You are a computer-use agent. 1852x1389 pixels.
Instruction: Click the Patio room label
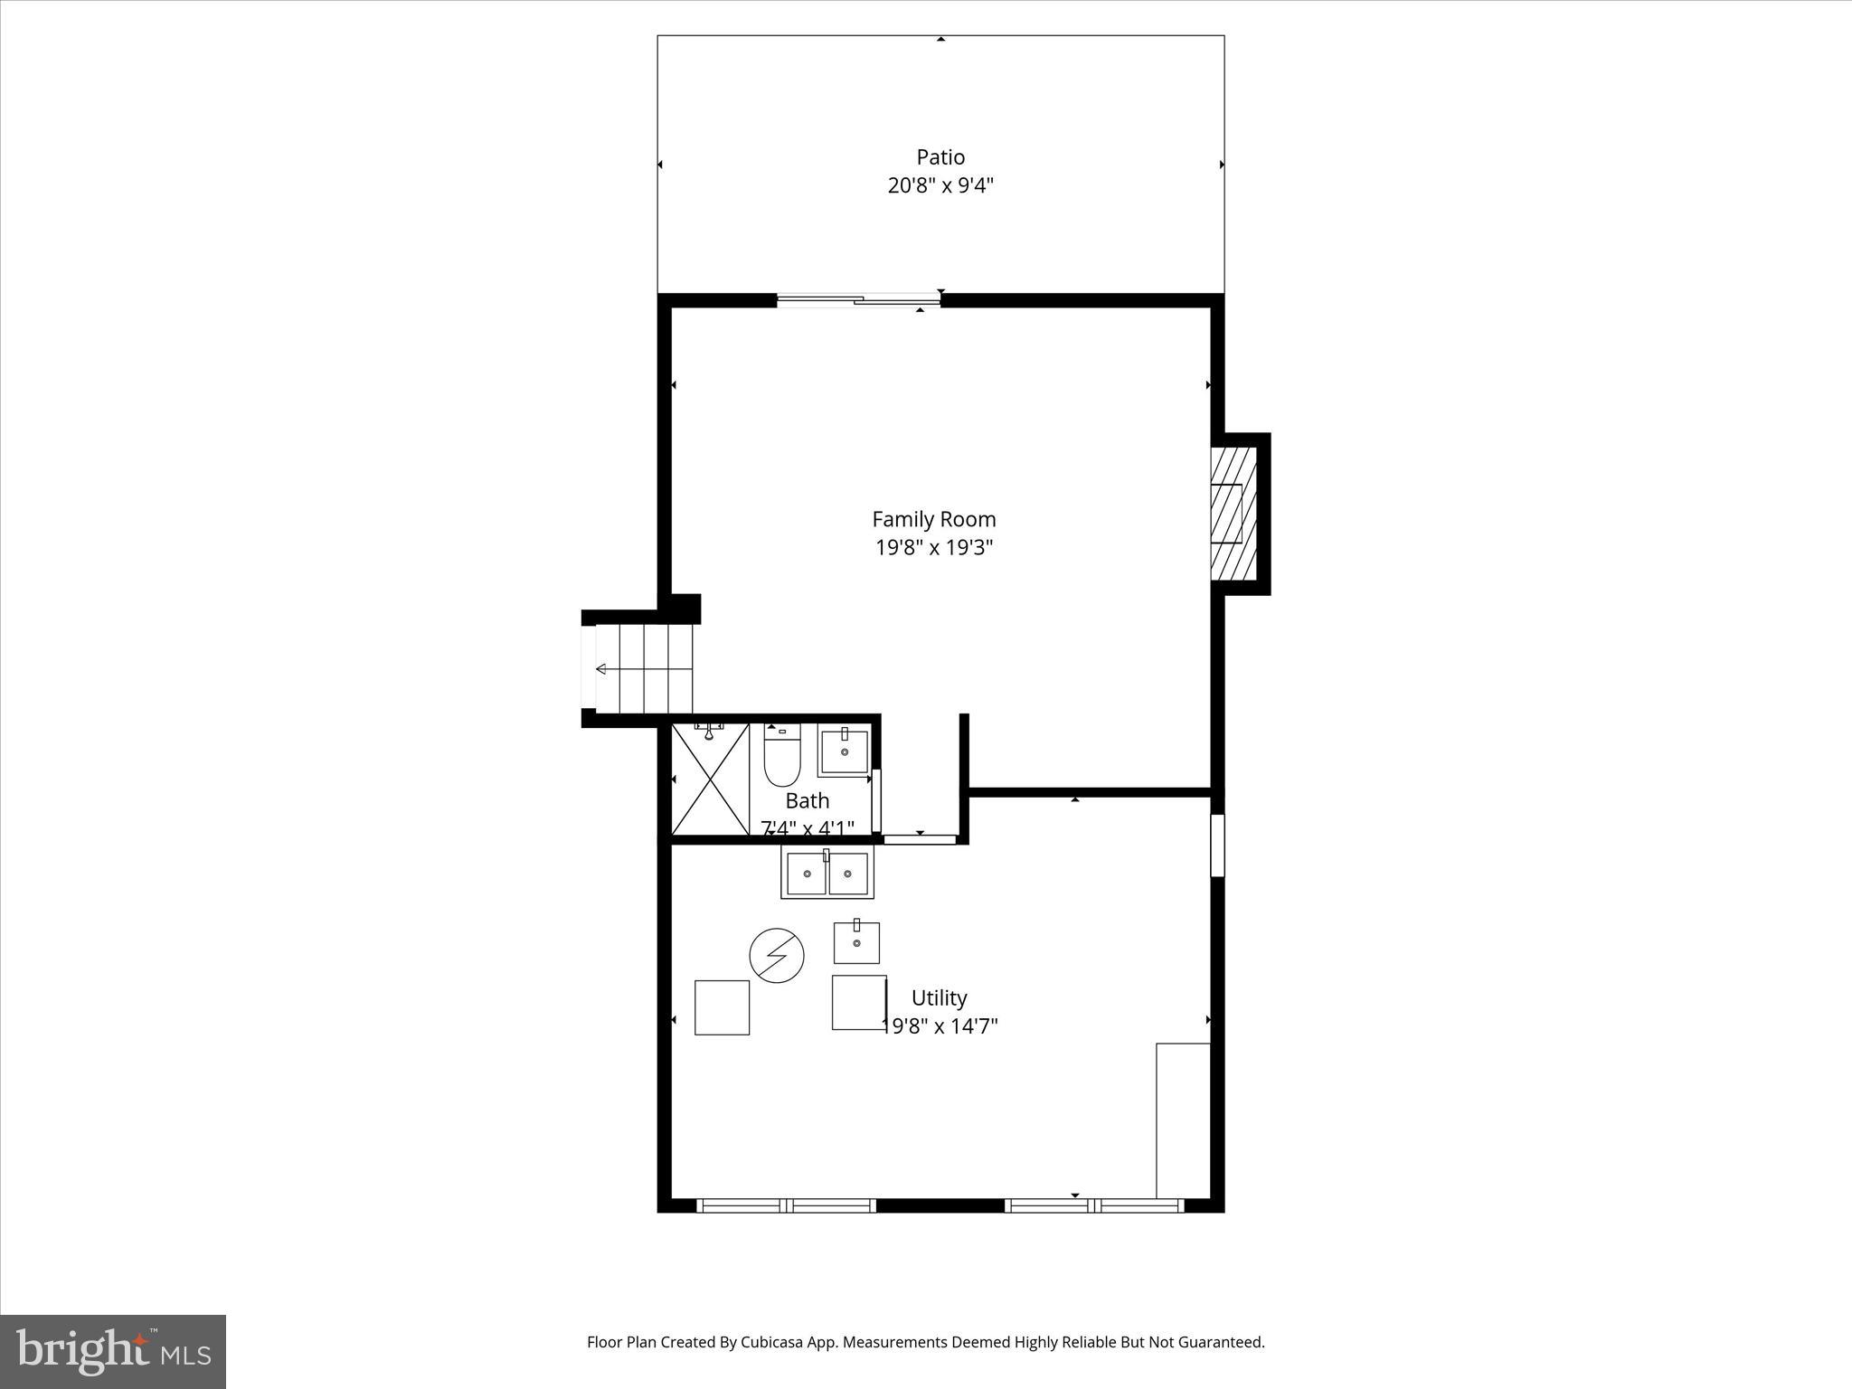coord(940,157)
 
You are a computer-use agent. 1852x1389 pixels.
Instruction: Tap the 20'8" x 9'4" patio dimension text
coord(940,186)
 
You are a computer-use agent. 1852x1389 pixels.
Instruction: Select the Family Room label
coord(933,519)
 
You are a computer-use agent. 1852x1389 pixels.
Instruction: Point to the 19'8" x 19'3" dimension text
coord(933,548)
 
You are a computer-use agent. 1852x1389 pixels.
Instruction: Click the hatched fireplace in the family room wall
coord(1233,513)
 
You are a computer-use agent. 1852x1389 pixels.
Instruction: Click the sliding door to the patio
coord(858,300)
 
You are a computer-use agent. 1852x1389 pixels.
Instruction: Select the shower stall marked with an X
coord(710,779)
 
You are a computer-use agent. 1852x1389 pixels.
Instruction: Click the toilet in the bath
coord(782,758)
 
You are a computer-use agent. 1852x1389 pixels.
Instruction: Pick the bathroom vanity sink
coord(844,751)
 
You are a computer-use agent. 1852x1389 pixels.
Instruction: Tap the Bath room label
coord(807,801)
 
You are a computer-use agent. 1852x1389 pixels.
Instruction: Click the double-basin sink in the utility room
coord(827,874)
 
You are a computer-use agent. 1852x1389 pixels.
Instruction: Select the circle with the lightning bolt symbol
coord(777,955)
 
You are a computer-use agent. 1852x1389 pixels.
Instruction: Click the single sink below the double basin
coord(855,943)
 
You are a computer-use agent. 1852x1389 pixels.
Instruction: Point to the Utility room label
coord(939,998)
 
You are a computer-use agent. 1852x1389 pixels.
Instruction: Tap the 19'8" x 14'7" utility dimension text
coord(940,1026)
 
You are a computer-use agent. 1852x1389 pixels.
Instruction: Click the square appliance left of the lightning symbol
coord(722,1007)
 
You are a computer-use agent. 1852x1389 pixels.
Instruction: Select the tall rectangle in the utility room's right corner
coord(1183,1120)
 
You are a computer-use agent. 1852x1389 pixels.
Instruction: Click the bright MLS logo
coord(113,1351)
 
